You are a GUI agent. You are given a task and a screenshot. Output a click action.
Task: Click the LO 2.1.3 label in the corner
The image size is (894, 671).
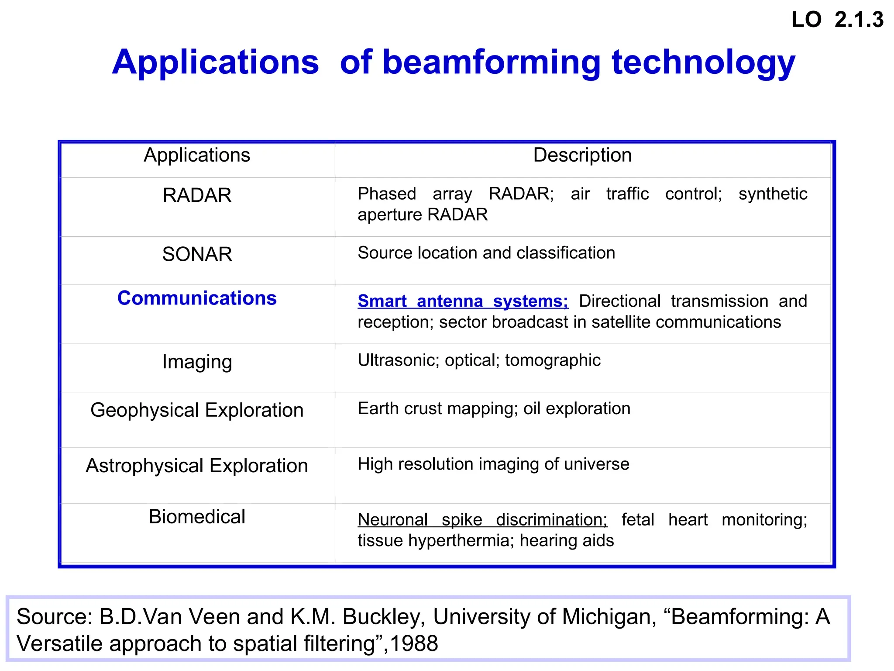pos(837,20)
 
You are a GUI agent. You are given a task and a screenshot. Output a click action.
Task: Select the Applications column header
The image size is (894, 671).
pos(197,155)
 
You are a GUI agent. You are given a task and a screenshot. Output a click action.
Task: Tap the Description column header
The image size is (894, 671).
pos(582,155)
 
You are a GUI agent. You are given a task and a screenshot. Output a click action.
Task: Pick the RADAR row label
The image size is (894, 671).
pos(197,195)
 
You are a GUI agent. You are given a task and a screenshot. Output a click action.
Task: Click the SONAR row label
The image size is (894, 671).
pos(197,254)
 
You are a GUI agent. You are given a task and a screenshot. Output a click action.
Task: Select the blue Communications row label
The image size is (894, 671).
pos(197,298)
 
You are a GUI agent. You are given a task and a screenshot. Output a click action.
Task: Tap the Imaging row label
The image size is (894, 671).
pos(197,362)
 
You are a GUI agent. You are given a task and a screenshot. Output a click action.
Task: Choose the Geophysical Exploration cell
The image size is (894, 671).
pos(197,410)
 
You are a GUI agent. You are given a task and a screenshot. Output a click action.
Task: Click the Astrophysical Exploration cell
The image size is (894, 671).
pos(197,466)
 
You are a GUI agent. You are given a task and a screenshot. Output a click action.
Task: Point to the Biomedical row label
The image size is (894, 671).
pos(197,517)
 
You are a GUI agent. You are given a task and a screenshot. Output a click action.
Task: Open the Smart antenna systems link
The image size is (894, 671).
pos(463,301)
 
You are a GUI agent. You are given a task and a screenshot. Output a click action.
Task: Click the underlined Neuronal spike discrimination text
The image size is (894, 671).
pos(482,520)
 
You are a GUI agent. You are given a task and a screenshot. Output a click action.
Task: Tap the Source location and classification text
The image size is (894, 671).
pos(486,253)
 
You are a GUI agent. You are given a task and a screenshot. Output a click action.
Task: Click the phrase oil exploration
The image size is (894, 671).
pos(577,409)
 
